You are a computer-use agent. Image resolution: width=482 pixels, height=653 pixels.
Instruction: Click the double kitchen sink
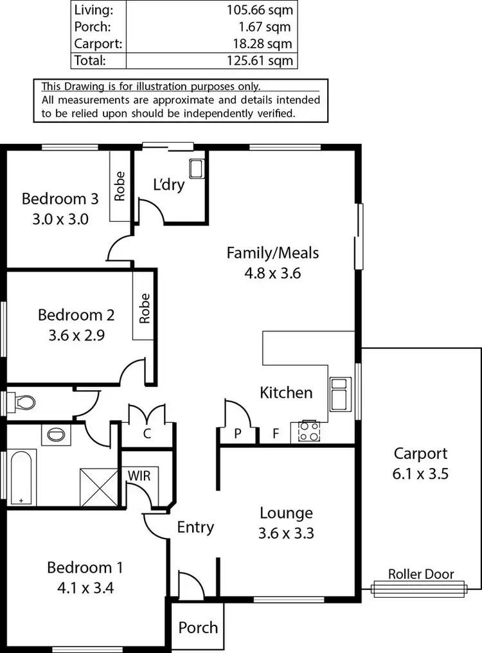[x=340, y=393]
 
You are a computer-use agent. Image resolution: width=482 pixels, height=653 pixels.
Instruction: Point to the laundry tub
[x=196, y=169]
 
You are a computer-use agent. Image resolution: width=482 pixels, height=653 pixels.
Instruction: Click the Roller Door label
[x=421, y=575]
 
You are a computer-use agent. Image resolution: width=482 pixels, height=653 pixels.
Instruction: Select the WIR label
[x=139, y=476]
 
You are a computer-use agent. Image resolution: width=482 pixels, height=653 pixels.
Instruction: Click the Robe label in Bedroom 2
[x=144, y=309]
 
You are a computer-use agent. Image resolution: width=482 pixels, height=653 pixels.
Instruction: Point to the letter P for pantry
[x=237, y=434]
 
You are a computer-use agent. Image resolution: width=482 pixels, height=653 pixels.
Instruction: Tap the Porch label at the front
[x=198, y=627]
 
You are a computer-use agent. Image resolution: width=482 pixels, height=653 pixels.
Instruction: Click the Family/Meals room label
[x=272, y=253]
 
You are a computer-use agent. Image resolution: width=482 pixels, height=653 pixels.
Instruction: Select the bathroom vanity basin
[x=57, y=434]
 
